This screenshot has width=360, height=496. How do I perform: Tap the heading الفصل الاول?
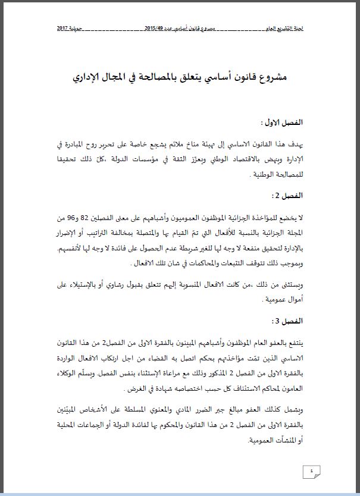point(283,123)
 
